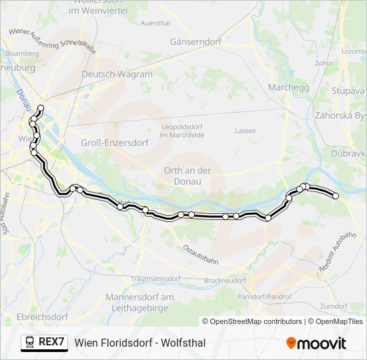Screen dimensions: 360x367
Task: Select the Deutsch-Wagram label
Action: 117,75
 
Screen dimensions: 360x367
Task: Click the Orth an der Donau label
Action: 188,175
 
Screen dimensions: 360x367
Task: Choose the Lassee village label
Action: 245,131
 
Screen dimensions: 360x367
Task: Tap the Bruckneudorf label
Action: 226,281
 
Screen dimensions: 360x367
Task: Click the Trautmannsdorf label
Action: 156,278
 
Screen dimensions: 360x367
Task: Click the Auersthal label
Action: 155,23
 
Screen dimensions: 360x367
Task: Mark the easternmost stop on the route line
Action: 336,196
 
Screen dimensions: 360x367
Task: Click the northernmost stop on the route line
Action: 41,108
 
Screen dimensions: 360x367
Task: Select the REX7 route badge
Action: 45,343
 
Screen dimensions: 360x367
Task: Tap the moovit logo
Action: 316,343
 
